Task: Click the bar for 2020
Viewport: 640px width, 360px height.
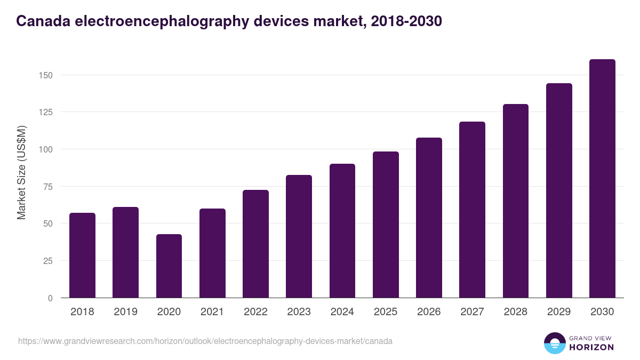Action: (169, 266)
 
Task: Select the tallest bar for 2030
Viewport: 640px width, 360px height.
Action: (602, 179)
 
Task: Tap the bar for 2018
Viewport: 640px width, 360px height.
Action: (82, 255)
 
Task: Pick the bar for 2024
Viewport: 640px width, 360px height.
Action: (342, 231)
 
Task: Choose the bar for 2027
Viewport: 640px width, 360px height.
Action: (472, 210)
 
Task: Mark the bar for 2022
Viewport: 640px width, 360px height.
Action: (255, 244)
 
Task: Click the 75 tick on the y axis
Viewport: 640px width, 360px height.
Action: (48, 187)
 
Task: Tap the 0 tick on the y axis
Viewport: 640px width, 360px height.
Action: (50, 298)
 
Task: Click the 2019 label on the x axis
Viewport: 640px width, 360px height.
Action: (125, 312)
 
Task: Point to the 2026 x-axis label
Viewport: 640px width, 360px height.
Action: (429, 312)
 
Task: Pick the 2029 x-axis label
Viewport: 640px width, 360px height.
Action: (559, 312)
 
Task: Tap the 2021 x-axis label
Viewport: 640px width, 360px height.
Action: (212, 312)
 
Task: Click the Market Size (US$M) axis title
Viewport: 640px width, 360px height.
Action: (21, 173)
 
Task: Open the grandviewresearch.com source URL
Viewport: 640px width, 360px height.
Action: (205, 341)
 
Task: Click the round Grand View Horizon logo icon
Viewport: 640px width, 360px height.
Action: (554, 343)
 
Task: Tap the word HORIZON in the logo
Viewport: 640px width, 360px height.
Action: (591, 347)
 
